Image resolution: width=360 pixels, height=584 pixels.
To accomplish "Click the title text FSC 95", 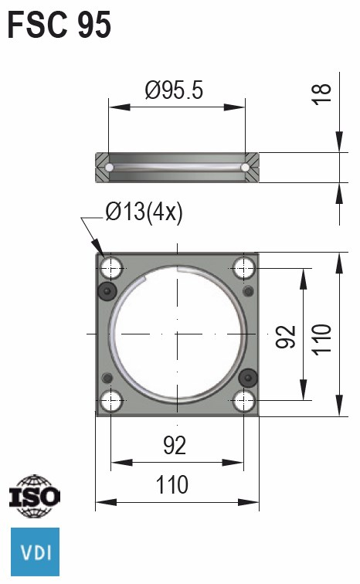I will click(59, 25).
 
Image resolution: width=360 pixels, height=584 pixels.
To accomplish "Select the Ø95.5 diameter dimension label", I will click(174, 91).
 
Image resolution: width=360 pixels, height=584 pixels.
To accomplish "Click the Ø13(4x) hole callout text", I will click(144, 212).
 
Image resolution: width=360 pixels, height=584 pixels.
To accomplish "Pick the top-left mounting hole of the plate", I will click(112, 268).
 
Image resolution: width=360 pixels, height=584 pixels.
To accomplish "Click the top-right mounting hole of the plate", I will click(245, 268).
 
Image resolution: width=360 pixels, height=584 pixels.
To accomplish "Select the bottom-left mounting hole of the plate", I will click(112, 400).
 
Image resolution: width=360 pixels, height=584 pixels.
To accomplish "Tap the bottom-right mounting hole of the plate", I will click(245, 400).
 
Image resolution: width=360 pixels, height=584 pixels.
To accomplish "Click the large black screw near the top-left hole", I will click(107, 290).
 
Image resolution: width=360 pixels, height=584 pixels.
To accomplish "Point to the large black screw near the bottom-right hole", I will click(248, 377).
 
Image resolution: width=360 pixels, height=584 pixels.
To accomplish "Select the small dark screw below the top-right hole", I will click(248, 291).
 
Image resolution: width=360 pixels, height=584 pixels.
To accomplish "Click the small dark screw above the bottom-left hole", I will click(107, 377).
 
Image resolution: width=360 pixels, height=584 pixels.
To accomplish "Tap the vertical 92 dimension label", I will click(287, 336).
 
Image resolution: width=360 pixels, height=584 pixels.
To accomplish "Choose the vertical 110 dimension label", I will click(322, 338).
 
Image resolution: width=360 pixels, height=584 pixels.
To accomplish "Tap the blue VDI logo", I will click(34, 552).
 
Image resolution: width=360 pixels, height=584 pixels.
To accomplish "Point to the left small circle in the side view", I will click(110, 168).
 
